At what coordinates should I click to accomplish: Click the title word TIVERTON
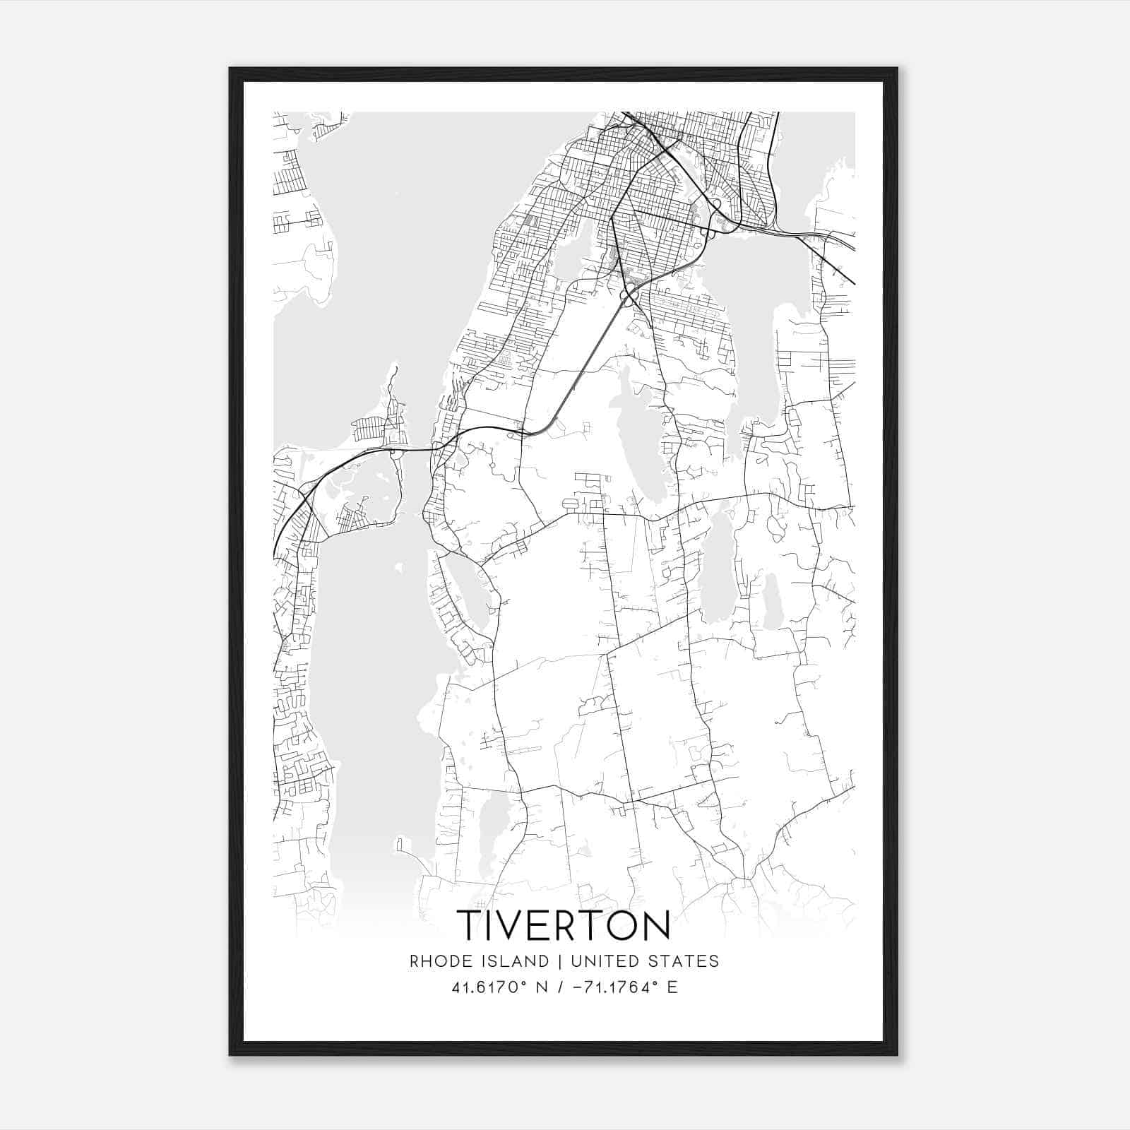(x=563, y=925)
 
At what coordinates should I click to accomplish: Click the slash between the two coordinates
(x=560, y=987)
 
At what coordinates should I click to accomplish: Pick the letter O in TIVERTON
(x=621, y=925)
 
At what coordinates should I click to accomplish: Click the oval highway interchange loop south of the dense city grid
(x=626, y=298)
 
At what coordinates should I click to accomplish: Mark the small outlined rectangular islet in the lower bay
(x=400, y=845)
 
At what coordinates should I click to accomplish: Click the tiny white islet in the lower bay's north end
(x=399, y=567)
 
